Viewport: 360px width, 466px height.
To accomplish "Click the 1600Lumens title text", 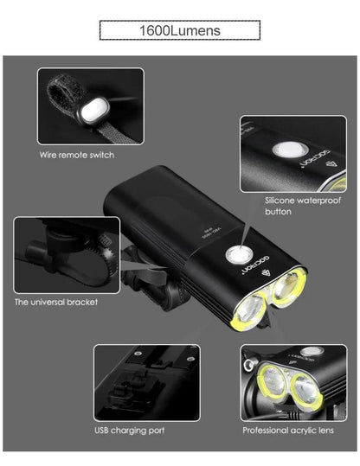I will pyautogui.click(x=180, y=30).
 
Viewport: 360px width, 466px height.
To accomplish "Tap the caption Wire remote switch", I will pyautogui.click(x=77, y=155).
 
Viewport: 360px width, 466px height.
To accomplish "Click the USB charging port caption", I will pyautogui.click(x=130, y=429).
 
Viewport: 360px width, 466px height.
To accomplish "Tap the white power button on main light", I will pyautogui.click(x=234, y=255).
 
